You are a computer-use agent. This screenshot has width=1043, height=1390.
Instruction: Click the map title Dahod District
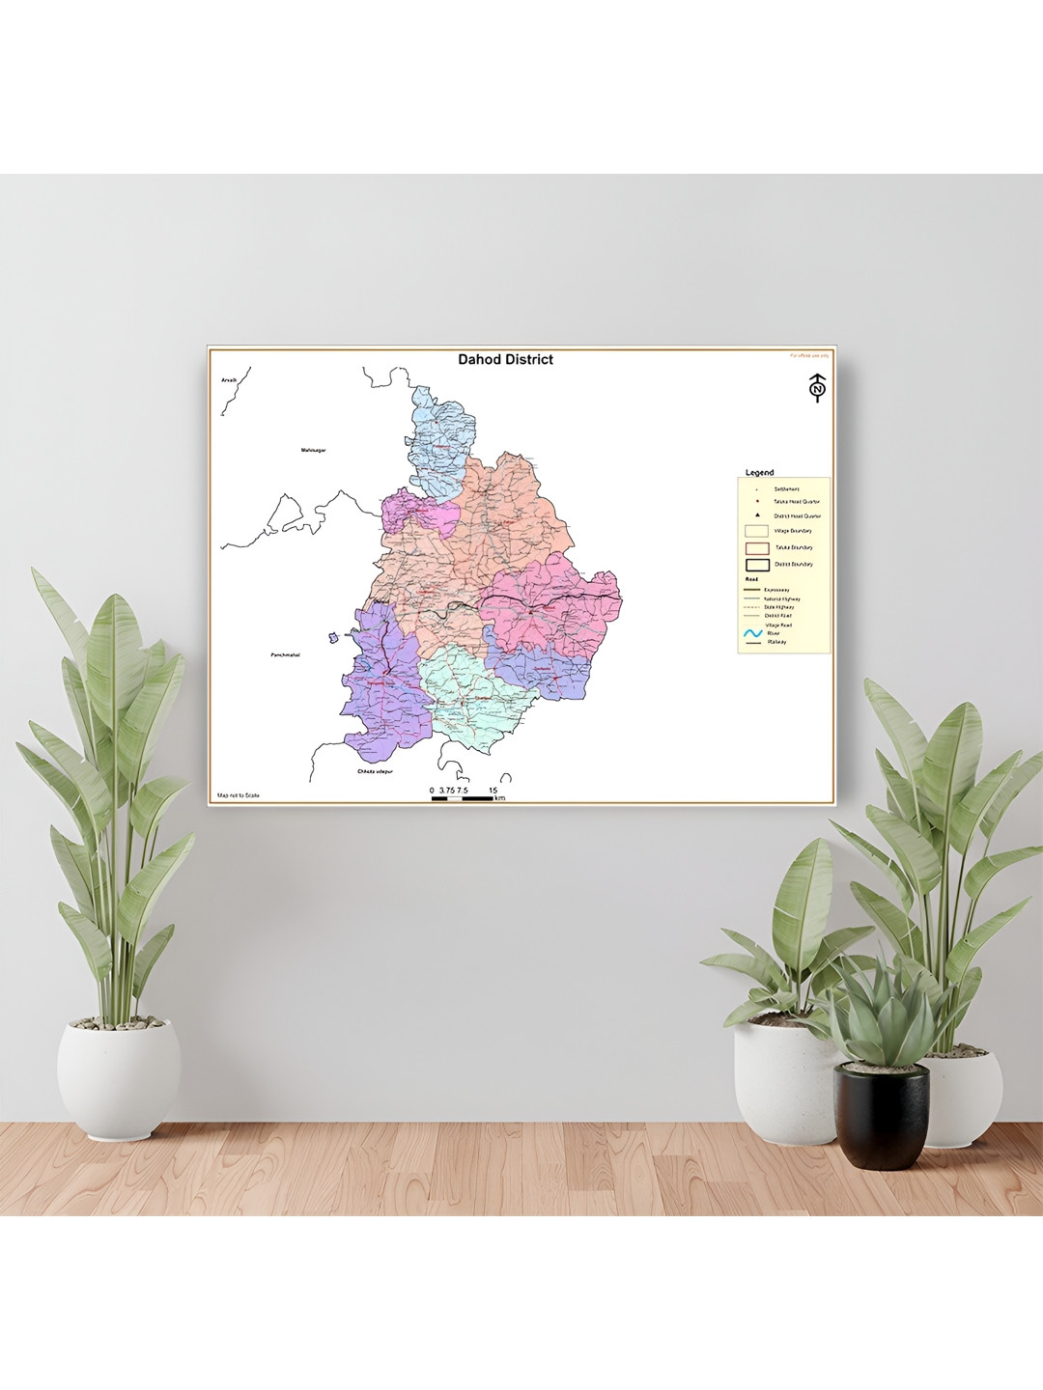coord(505,359)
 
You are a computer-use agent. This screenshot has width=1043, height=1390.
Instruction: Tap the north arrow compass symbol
coord(817,388)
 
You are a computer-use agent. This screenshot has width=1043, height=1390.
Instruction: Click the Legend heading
coord(759,473)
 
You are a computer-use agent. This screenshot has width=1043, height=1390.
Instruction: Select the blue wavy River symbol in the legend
coord(753,634)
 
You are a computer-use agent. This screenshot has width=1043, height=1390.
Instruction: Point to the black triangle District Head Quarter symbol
coord(758,515)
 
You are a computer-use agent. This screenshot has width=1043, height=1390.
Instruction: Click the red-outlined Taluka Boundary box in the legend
coord(757,548)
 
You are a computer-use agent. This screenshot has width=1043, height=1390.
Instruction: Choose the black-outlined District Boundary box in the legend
coord(757,565)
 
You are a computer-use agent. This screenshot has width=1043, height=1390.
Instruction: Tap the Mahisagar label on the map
coord(313,450)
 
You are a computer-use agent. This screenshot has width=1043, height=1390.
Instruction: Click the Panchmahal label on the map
coord(285,655)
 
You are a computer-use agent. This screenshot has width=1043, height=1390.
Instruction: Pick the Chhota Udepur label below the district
coord(375,771)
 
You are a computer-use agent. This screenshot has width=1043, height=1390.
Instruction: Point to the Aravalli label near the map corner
coord(229,380)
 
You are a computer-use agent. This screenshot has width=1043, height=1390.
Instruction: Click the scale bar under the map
coord(463,797)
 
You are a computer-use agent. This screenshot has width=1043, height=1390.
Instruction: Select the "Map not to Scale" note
coord(239,795)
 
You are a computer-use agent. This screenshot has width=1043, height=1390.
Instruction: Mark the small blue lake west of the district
coord(332,636)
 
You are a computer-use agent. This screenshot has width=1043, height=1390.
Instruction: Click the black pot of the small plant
coord(881,1115)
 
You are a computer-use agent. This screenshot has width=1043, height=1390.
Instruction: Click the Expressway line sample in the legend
coord(752,590)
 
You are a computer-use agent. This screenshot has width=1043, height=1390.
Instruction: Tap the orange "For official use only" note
coord(808,355)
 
